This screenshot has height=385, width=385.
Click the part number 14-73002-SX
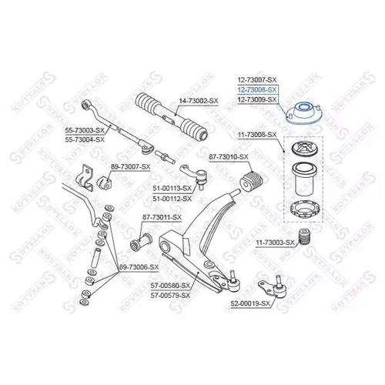click(x=199, y=101)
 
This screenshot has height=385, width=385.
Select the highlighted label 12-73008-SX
click(x=257, y=89)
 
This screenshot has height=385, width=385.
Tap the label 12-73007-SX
click(x=257, y=80)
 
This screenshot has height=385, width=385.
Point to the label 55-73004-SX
click(x=85, y=139)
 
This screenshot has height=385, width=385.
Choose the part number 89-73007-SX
click(x=131, y=167)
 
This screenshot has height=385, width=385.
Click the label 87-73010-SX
click(x=229, y=156)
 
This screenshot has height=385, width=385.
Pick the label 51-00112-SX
click(x=172, y=199)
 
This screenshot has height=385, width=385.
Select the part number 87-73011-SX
click(x=162, y=217)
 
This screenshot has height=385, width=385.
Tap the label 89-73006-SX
click(x=139, y=267)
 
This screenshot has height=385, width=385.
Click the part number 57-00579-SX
click(x=170, y=296)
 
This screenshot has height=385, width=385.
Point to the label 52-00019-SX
click(x=250, y=303)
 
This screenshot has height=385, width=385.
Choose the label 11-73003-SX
click(x=275, y=242)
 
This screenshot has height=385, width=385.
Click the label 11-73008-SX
click(x=257, y=135)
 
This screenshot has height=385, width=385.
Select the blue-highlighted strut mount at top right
click(x=304, y=113)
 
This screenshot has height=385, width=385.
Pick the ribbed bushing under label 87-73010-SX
click(x=252, y=182)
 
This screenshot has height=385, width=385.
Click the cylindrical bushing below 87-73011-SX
click(x=141, y=242)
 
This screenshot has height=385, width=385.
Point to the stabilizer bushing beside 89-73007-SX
click(x=105, y=182)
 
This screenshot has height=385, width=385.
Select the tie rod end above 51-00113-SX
click(x=193, y=177)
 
